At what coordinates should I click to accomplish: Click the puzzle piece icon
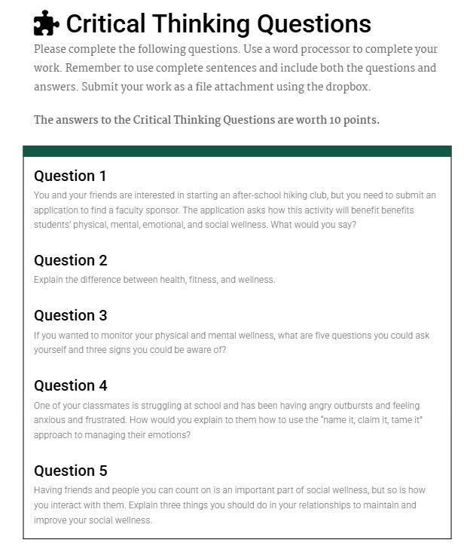(x=47, y=24)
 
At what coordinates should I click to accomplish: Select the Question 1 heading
(x=70, y=176)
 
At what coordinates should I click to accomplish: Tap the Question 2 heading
(x=70, y=261)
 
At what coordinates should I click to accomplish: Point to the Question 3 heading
(x=70, y=315)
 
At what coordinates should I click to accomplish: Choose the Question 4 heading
(x=70, y=385)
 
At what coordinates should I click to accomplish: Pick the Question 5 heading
(x=70, y=471)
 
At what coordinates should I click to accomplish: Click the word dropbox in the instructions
(x=342, y=86)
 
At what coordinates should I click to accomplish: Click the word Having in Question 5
(x=47, y=490)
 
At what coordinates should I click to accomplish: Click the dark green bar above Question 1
(x=237, y=151)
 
